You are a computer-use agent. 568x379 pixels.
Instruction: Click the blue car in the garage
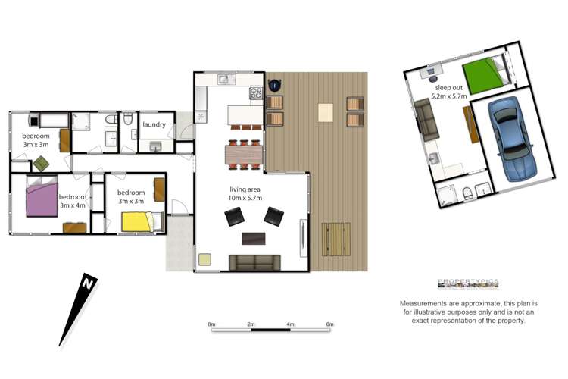click(510, 139)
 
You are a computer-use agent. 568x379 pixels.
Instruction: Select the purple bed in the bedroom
click(42, 197)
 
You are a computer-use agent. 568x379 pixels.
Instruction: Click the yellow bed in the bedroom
click(142, 221)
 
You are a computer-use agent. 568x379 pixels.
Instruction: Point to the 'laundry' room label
click(154, 124)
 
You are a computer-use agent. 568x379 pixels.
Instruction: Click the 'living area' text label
click(245, 189)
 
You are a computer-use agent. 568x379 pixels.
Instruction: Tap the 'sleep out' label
click(449, 88)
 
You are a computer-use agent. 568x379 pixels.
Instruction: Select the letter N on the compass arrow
click(88, 283)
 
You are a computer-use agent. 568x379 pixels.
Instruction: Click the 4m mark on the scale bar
click(290, 324)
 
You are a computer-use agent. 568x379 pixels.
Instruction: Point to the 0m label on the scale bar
click(211, 324)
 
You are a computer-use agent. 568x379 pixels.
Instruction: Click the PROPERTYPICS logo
click(468, 283)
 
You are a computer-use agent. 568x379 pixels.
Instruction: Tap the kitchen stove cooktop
click(256, 92)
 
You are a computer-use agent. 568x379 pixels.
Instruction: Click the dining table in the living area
click(244, 155)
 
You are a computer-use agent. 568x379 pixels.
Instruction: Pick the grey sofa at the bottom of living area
click(254, 262)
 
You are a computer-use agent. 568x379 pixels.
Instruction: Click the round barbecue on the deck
click(276, 85)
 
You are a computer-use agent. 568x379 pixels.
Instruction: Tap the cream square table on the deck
click(326, 112)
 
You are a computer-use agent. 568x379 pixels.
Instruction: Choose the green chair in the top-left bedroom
click(41, 164)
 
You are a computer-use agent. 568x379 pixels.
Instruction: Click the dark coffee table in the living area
click(254, 238)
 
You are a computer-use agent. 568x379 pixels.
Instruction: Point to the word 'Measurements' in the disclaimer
click(423, 303)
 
